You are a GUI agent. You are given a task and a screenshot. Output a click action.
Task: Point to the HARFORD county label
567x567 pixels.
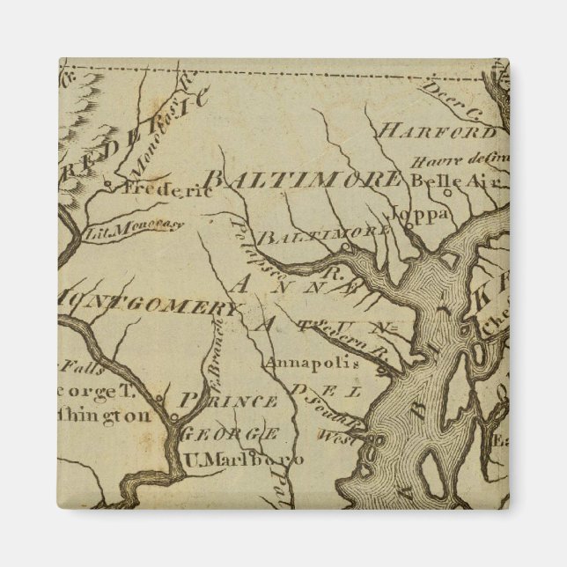tap(437, 132)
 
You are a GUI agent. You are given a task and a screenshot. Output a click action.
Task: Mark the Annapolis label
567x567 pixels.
tap(299, 362)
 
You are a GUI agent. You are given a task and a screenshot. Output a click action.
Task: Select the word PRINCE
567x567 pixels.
tap(227, 401)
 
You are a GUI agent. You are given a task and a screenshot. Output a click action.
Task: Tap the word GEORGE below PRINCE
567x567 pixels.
tap(230, 433)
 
